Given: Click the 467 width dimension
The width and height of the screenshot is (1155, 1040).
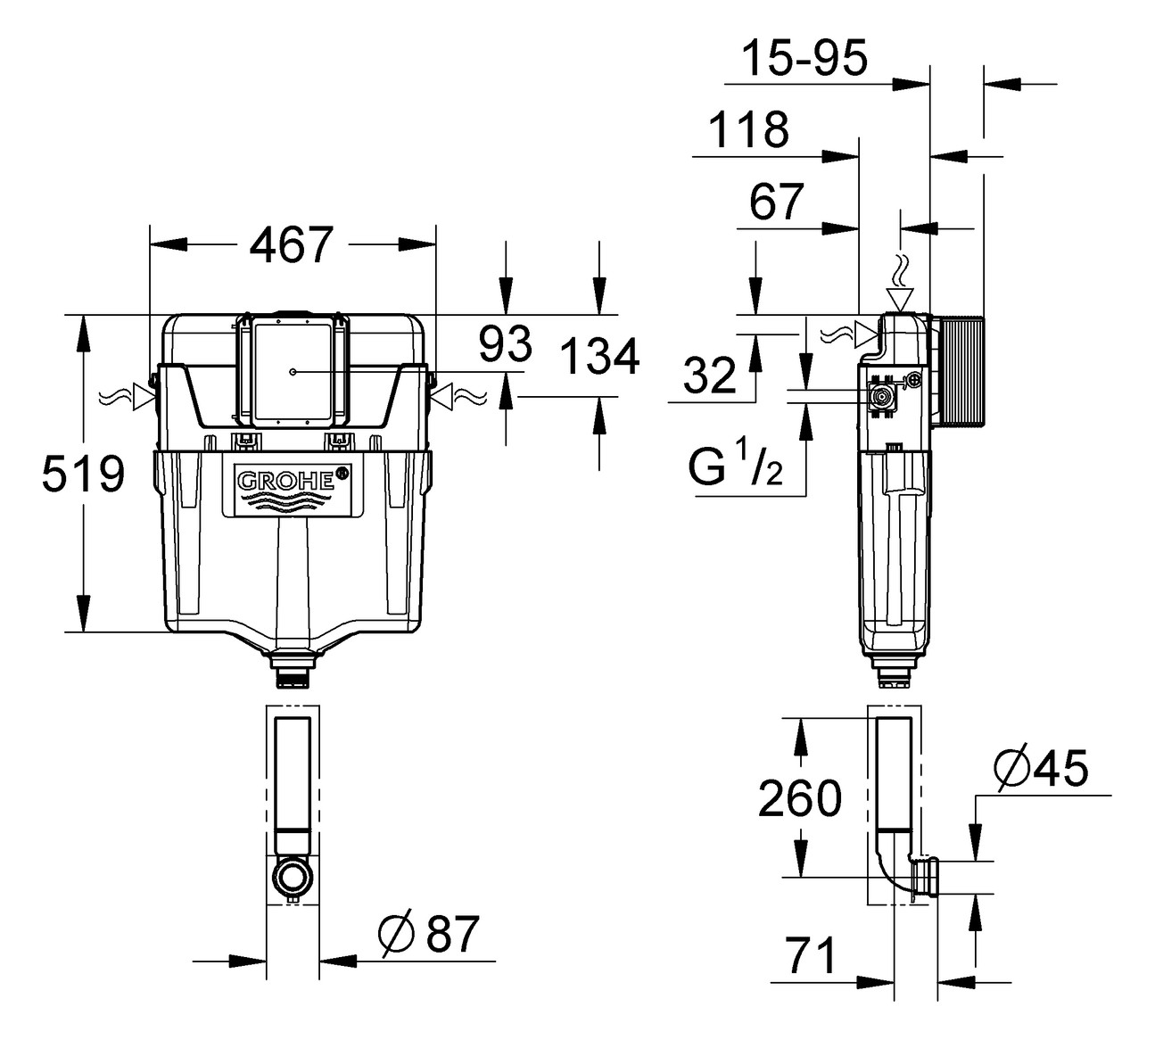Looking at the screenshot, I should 292,244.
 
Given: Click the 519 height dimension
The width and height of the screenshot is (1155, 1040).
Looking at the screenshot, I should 83,474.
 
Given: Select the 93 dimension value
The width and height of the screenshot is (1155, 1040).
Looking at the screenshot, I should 505,344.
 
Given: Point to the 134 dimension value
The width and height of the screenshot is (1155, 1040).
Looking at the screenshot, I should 599,358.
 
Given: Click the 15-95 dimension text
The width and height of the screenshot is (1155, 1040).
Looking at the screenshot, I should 804,59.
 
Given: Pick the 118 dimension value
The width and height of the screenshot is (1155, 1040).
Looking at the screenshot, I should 748,130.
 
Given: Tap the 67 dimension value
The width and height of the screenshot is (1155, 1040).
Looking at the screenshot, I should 776,202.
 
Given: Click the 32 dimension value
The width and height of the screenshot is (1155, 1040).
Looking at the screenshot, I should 710,376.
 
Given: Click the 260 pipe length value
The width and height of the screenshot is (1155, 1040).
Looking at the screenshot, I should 799,798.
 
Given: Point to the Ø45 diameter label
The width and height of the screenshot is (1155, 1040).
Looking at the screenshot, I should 1041,768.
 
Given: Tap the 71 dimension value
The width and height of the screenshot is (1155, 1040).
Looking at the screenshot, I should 812,957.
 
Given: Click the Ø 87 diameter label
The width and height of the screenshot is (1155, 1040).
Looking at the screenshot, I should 429,934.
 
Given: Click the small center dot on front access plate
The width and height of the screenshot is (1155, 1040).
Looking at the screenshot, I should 293,371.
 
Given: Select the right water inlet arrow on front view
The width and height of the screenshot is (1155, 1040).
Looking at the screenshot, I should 444,395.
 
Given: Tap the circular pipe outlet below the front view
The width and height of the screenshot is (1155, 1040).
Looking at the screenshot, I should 293,877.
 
